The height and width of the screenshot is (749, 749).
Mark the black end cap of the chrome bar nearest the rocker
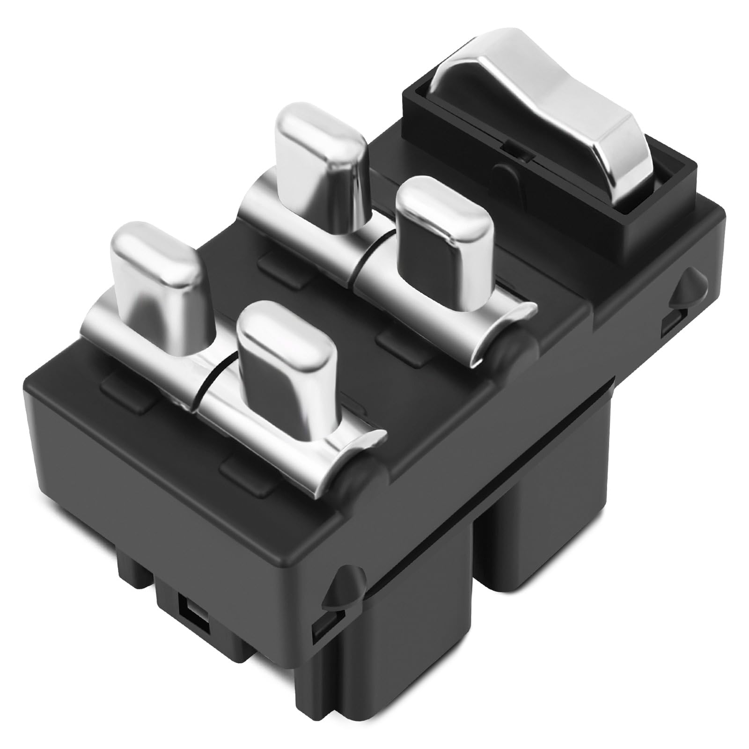pos(510,346)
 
